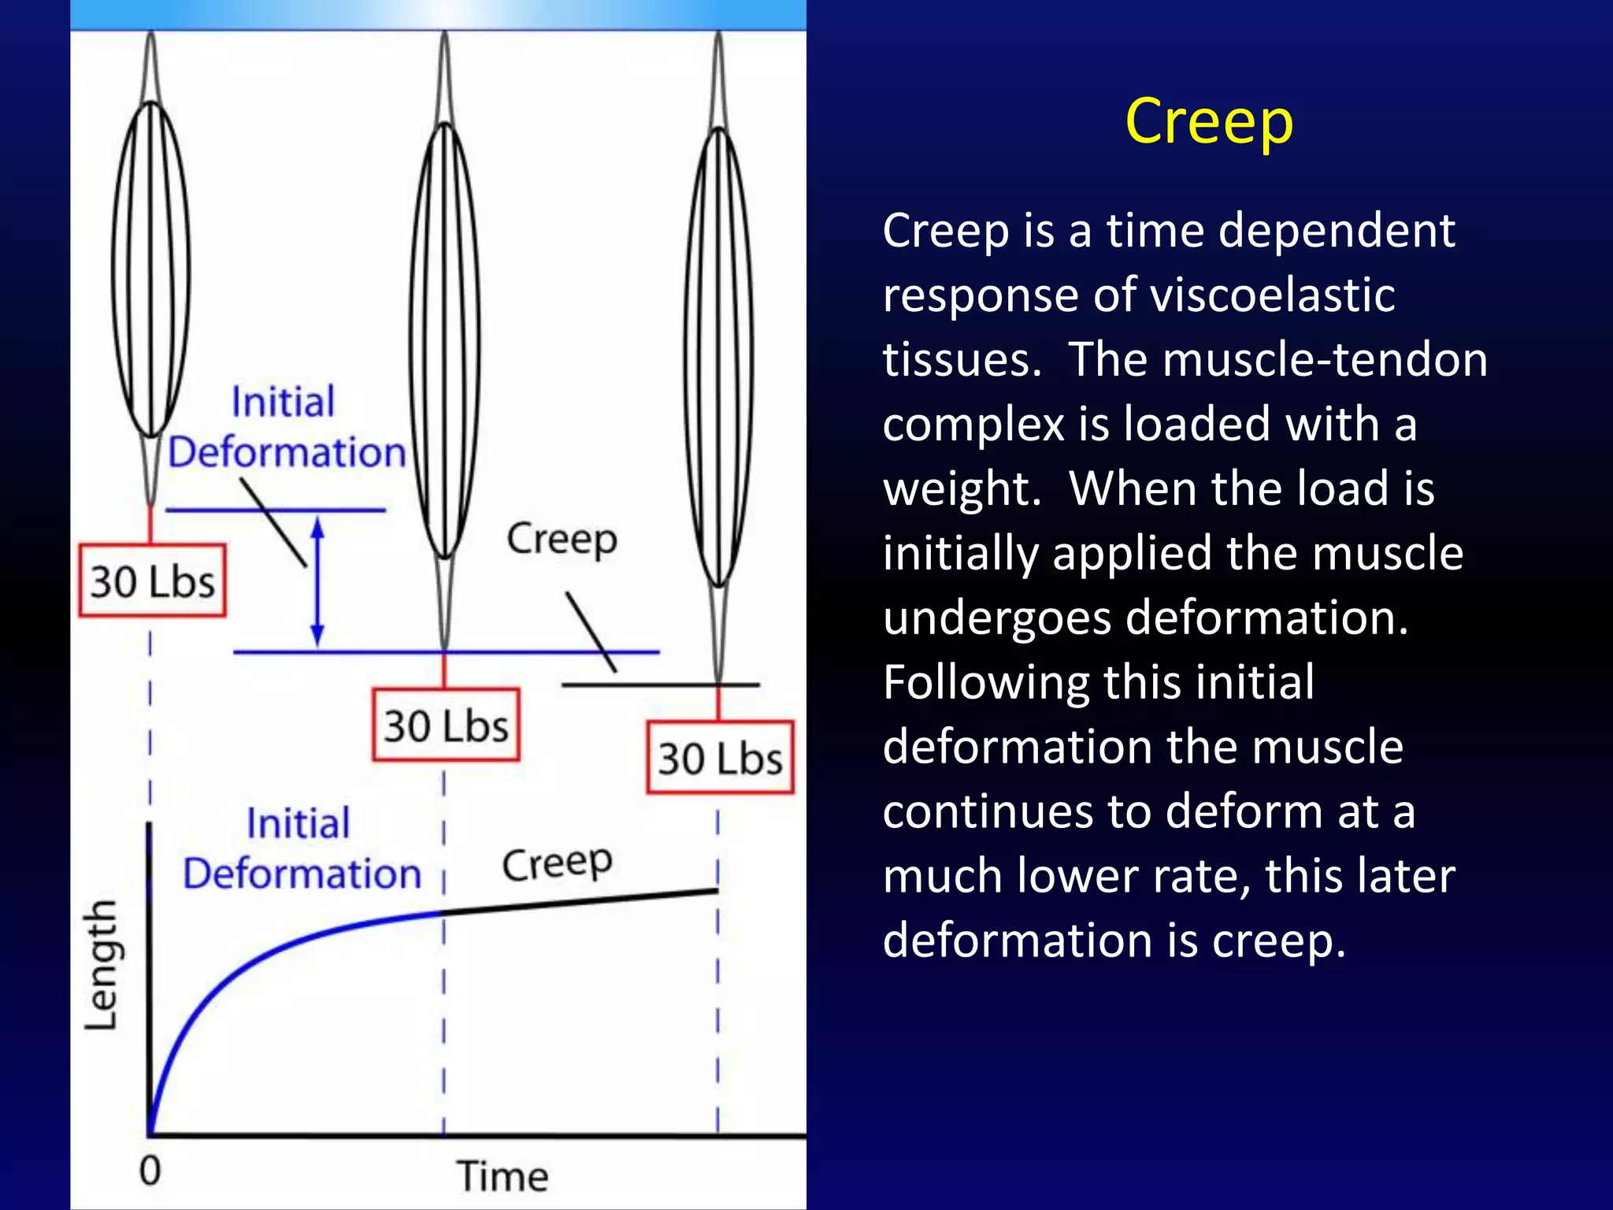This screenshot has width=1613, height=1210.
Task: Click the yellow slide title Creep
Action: tap(1209, 122)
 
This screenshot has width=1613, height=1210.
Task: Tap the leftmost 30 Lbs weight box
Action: tap(152, 581)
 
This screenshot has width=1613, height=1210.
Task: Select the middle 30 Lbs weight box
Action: tap(446, 725)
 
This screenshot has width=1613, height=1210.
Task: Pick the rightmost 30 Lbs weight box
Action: tap(720, 758)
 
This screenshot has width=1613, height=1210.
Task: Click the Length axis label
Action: tap(102, 966)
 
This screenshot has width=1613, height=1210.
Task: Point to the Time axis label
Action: tap(502, 1176)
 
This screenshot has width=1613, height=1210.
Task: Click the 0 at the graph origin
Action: tap(150, 1171)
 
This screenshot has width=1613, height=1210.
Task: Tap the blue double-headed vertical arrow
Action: tap(317, 581)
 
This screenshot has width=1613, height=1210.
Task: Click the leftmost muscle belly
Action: tap(151, 268)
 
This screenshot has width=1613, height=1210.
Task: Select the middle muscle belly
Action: tap(445, 339)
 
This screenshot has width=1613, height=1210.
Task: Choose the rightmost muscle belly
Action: tap(719, 354)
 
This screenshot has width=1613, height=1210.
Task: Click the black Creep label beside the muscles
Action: tap(562, 540)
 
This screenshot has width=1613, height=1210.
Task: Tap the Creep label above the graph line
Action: tap(557, 863)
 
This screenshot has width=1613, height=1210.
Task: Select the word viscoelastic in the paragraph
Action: tap(1272, 295)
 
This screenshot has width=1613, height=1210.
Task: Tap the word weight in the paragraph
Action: tap(962, 489)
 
